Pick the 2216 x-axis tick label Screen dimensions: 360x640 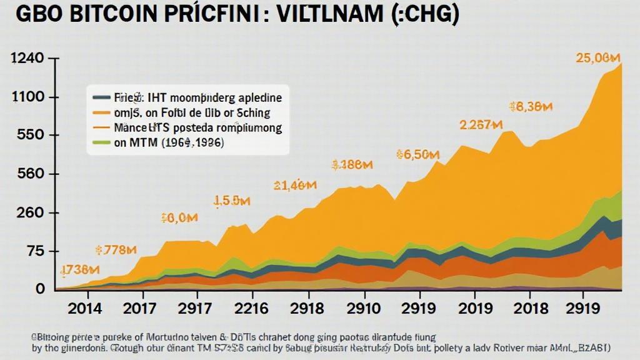(x=251, y=308)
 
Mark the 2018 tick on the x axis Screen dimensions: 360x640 (x=529, y=308)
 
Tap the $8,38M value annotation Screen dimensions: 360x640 (x=531, y=107)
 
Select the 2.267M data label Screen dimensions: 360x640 (x=481, y=125)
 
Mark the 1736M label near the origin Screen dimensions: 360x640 (x=79, y=271)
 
